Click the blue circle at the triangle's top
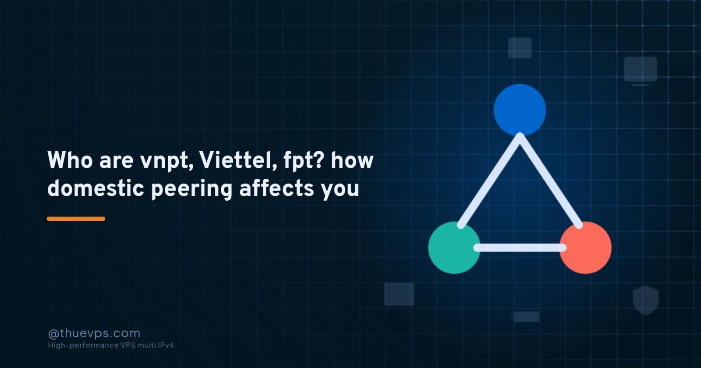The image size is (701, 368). (x=520, y=110)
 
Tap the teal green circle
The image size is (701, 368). (x=454, y=248)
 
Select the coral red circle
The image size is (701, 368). (x=585, y=248)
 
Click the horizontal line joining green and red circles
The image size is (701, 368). (x=520, y=248)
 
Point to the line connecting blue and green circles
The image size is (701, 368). (x=490, y=180)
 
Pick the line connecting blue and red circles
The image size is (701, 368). (x=549, y=180)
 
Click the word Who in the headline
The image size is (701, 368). (x=70, y=160)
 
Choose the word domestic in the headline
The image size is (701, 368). (x=96, y=188)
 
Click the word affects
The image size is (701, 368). (x=276, y=188)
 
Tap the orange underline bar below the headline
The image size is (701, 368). (x=76, y=219)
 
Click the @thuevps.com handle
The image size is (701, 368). (x=94, y=333)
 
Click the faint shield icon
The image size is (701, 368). (x=646, y=300)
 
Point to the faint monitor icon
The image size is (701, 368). (x=641, y=71)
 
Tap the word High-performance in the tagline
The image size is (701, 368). (x=83, y=346)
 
